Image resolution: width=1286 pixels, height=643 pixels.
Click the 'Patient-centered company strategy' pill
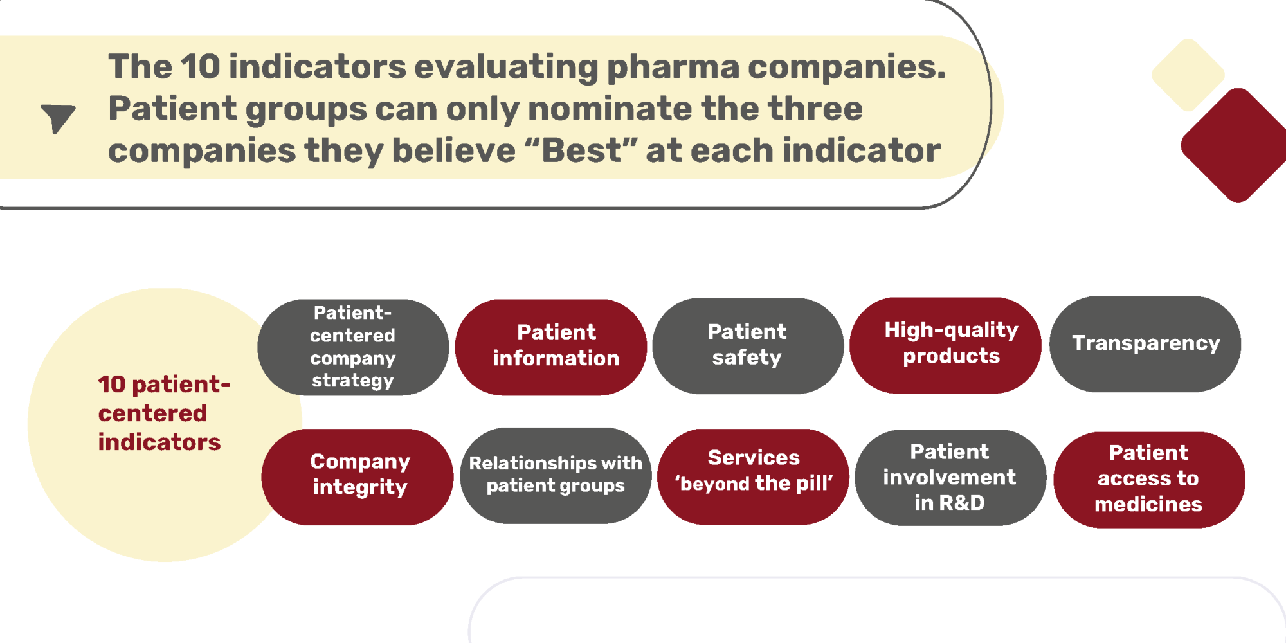pos(353,347)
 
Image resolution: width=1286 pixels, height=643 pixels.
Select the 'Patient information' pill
pos(551,347)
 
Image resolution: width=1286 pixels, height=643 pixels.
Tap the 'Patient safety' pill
pos(748,346)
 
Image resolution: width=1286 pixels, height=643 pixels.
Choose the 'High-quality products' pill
pos(945,345)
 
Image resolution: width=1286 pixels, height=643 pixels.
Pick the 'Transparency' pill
pos(1145,344)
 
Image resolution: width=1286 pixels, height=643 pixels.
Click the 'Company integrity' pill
pos(358,477)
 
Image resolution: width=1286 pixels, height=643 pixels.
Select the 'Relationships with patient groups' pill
pos(556,476)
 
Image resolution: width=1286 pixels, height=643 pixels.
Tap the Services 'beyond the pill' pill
pos(753,477)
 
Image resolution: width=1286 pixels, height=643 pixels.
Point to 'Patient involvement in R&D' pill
pos(950,478)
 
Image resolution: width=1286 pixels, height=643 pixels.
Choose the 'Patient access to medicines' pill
pos(1149,480)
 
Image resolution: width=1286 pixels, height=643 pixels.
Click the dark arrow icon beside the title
pos(58,117)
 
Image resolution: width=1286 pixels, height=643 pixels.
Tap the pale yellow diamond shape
pos(1188,75)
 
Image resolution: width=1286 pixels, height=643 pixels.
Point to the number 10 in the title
pos(200,67)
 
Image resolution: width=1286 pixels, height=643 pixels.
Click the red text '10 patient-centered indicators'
pos(164,413)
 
